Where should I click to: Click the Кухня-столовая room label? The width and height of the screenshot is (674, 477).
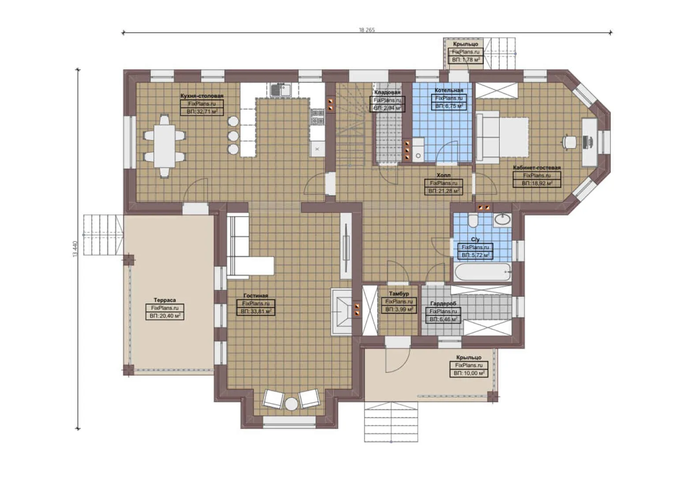point(202,96)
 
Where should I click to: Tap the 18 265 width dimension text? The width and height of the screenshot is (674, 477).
point(367,30)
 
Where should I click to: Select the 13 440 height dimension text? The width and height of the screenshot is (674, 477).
point(75,249)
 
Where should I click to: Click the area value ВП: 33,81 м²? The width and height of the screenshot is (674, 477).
point(256,311)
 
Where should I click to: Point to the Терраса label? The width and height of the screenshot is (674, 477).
point(165,300)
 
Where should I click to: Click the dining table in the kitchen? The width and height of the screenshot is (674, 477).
point(165,146)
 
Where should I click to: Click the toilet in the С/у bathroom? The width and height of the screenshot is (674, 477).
point(473,220)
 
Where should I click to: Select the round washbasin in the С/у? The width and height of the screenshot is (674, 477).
point(502,219)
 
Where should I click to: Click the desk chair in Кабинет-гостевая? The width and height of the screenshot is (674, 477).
point(569,142)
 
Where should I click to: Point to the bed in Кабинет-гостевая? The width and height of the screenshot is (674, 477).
point(502,136)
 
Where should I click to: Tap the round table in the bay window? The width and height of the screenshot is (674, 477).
point(291,404)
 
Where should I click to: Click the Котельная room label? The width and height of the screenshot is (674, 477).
point(449,90)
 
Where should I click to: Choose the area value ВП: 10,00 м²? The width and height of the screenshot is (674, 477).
point(468,373)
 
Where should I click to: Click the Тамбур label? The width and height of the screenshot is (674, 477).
point(399,294)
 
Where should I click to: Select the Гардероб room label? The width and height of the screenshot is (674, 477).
point(443,303)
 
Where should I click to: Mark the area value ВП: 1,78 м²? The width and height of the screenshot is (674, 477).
point(465,60)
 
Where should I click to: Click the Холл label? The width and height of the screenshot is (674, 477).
point(443,175)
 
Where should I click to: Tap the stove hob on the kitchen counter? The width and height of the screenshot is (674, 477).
point(317,117)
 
